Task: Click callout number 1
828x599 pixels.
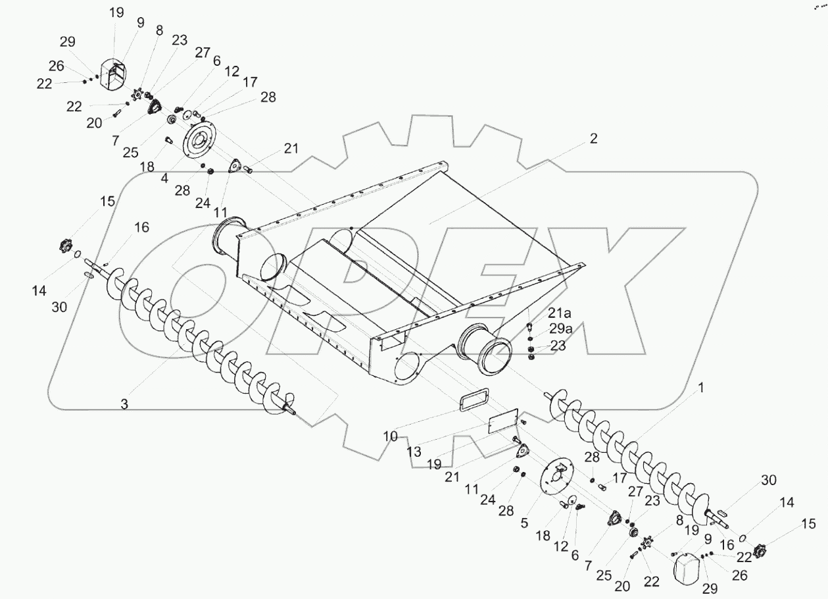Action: coord(701,388)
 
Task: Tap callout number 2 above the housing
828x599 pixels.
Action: coord(593,138)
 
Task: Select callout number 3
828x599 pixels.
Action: coord(124,404)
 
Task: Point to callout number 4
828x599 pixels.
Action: coord(165,177)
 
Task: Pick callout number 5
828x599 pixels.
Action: coord(525,524)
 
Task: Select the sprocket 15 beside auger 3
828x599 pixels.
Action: coord(64,247)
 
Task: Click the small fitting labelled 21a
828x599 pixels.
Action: coord(529,327)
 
